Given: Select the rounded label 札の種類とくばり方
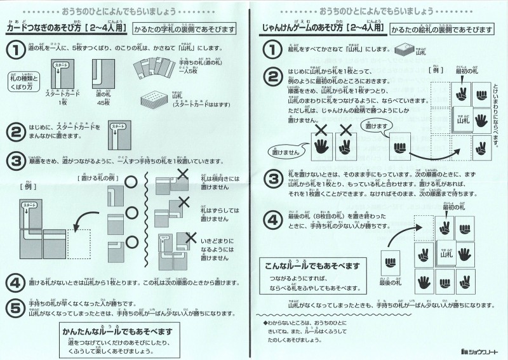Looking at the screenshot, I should tap(24, 80).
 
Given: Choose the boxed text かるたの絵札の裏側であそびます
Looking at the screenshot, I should tap(443, 30).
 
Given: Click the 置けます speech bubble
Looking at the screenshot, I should tap(363, 127).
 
